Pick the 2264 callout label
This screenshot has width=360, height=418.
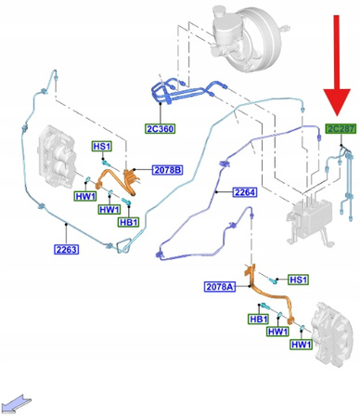(x=245, y=192)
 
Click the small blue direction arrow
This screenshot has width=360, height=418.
(x=18, y=402)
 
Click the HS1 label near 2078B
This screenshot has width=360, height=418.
(x=100, y=147)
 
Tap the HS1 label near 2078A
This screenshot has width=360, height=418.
(x=298, y=280)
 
